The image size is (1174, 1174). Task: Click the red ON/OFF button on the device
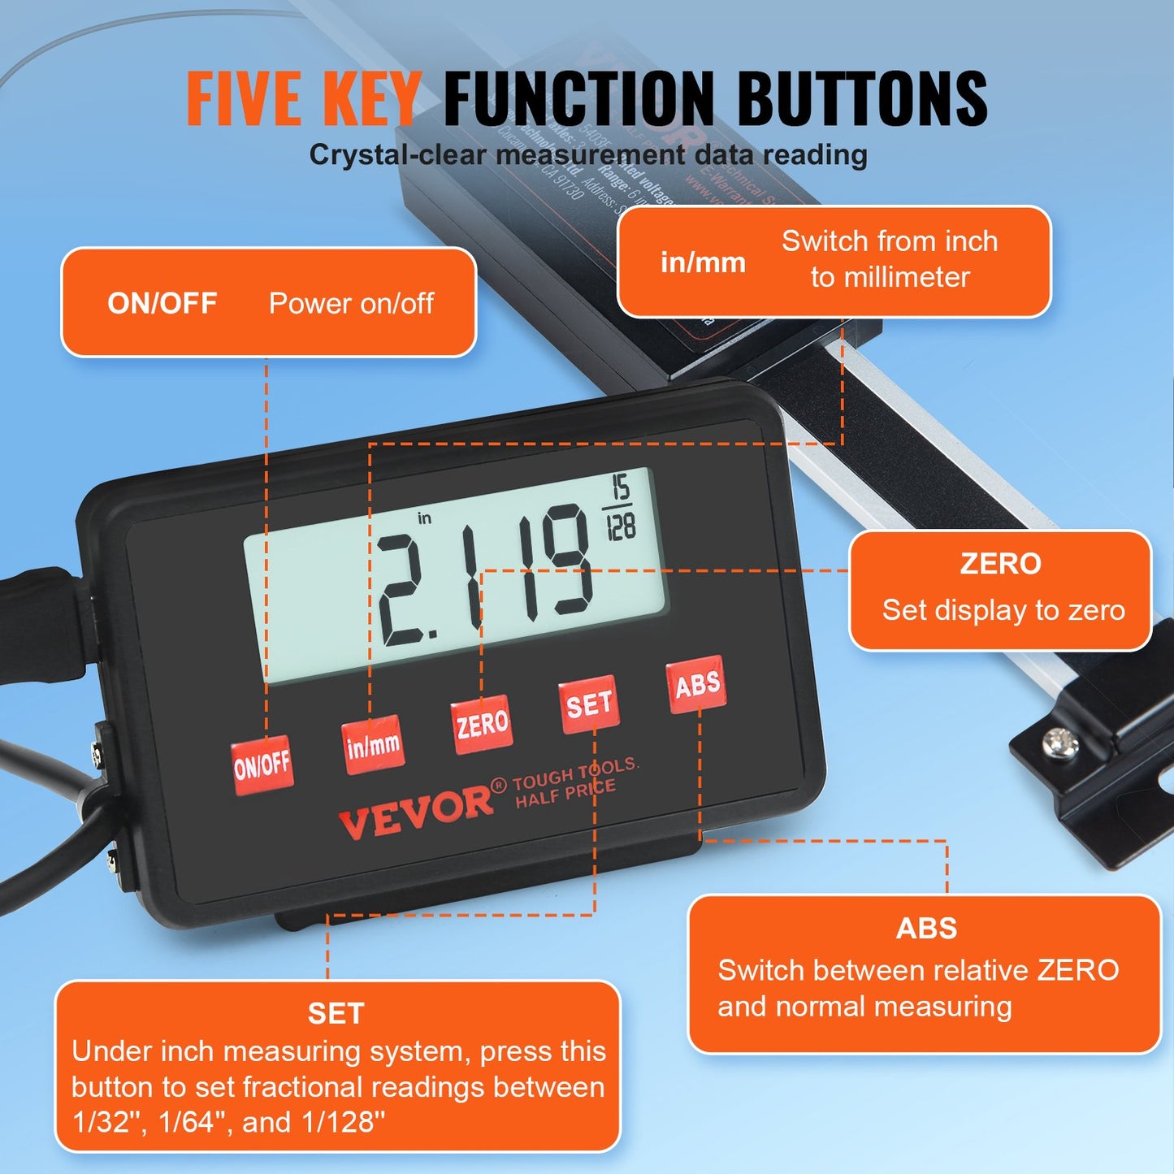262,765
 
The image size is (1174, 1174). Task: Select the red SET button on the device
589,704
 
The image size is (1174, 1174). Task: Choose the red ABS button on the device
697,685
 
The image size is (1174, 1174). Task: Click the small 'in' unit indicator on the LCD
424,518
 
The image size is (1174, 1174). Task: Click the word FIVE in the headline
244,99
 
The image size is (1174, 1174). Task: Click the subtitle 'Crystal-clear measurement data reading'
588,154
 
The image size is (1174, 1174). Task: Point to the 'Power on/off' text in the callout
351,303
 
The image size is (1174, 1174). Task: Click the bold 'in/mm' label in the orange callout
703,262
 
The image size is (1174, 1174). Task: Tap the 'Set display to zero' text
1003,610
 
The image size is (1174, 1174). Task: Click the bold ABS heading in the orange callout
926,928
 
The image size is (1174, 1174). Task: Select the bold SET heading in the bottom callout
336,1013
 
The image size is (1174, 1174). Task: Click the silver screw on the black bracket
1060,743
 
